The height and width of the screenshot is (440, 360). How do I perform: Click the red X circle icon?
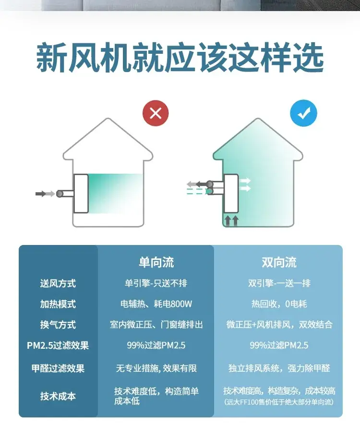click(x=156, y=113)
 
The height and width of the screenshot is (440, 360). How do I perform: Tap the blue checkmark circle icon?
click(x=304, y=113)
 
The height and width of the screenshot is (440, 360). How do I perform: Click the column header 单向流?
click(x=156, y=262)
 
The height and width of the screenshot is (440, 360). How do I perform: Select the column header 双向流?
click(x=279, y=262)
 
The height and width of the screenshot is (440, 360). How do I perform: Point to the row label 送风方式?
click(x=58, y=283)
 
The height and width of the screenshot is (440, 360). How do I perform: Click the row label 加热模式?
click(x=58, y=304)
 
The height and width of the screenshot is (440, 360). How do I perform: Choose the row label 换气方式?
click(x=58, y=325)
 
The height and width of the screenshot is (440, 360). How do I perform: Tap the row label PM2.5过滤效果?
click(x=58, y=345)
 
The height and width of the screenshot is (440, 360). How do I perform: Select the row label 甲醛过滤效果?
click(x=58, y=368)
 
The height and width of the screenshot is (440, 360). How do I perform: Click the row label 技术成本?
click(x=58, y=396)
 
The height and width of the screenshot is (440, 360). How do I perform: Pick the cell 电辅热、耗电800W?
click(x=156, y=304)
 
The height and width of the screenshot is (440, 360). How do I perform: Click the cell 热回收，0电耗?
click(x=279, y=304)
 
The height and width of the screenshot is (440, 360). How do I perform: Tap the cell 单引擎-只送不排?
click(x=156, y=283)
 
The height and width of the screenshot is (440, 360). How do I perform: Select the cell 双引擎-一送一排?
click(x=279, y=283)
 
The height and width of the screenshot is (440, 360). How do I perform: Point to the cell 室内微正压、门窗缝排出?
click(x=156, y=325)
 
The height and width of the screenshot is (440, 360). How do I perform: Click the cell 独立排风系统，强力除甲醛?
click(x=279, y=368)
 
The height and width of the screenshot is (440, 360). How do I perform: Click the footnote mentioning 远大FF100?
click(x=279, y=402)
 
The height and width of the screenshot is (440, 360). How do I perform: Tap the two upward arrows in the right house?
click(x=232, y=220)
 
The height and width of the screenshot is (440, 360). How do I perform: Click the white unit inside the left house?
click(x=81, y=194)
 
